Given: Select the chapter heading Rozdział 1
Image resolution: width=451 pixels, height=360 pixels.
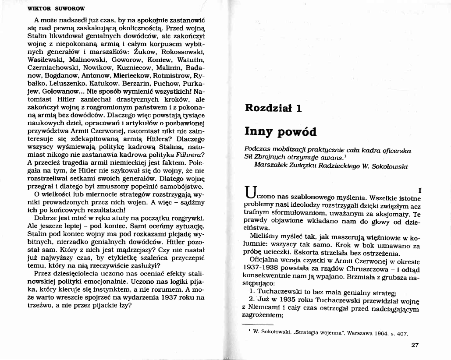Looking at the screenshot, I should click(273, 108).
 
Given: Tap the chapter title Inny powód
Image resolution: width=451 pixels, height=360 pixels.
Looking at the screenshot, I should click(280, 131).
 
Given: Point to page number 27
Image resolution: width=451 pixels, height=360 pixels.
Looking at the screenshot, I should click(415, 345).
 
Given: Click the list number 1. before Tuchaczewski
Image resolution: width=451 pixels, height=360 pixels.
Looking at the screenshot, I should click(252, 292).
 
